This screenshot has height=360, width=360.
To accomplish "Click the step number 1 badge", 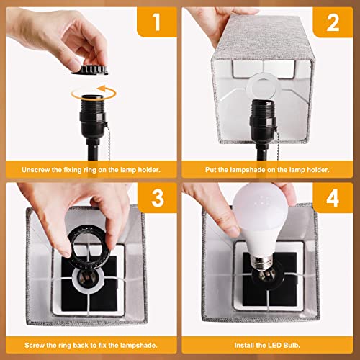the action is pyautogui.click(x=157, y=22).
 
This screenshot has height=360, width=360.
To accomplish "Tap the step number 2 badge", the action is pyautogui.click(x=333, y=22).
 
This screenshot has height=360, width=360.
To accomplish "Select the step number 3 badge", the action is pyautogui.click(x=157, y=198).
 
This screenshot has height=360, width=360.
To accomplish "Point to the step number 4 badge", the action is pyautogui.click(x=333, y=198).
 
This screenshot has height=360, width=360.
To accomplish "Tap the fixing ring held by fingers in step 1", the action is pyautogui.click(x=90, y=70).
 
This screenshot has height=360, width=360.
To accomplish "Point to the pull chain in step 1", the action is pyautogui.click(x=108, y=142).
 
